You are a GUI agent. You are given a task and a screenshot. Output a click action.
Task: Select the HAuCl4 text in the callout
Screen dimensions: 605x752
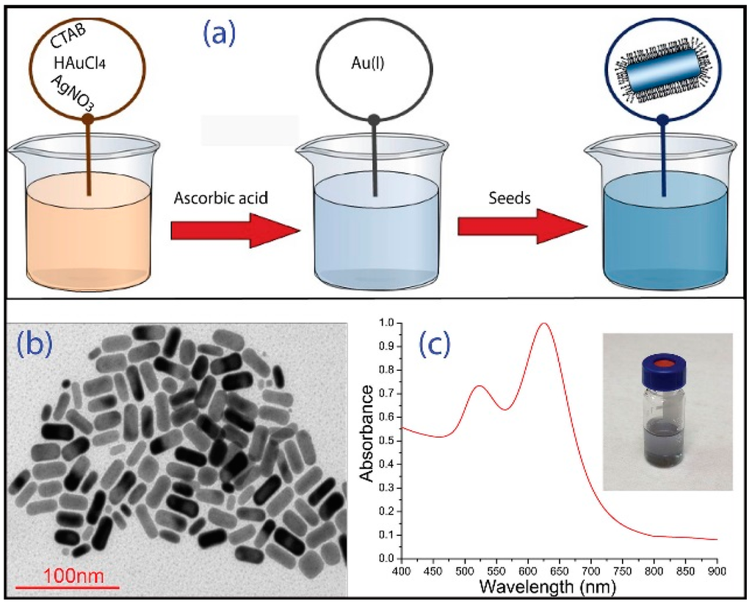(83, 62)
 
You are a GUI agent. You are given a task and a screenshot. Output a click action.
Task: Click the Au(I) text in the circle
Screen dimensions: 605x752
(374, 62)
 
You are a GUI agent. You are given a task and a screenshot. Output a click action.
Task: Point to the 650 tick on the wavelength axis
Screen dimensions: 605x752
(559, 570)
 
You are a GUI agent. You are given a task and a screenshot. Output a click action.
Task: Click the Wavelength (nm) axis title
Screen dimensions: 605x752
(560, 587)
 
